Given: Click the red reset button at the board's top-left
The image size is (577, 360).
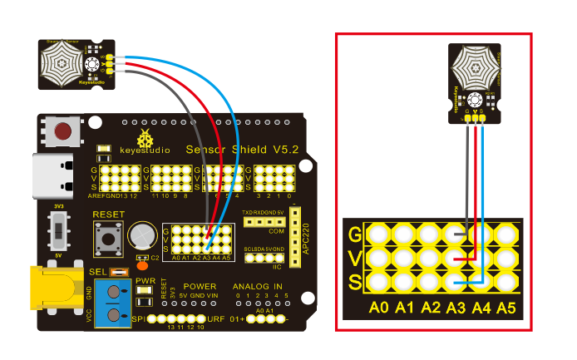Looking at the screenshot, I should coord(62,131).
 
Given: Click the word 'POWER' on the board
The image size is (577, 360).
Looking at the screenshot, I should coord(200,286).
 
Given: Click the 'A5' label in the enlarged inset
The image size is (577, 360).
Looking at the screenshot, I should coord(506,309).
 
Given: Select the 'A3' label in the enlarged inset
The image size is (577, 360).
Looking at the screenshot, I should coord(456,309).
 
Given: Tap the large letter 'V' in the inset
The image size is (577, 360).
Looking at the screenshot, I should coord(355,258).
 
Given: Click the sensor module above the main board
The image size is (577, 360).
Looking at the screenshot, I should coord(73,63).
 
